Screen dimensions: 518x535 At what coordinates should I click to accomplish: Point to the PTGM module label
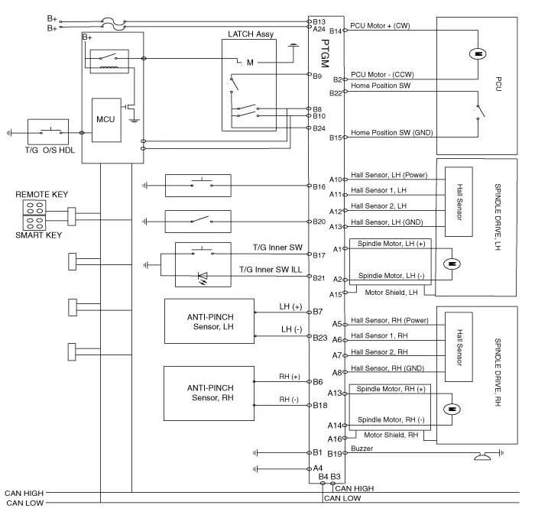pyautogui.click(x=325, y=53)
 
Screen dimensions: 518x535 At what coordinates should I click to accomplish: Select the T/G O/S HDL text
pyautogui.click(x=48, y=148)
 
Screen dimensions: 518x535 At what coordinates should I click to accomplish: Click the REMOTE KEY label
pyautogui.click(x=38, y=196)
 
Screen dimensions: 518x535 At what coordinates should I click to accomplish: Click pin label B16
pyautogui.click(x=319, y=186)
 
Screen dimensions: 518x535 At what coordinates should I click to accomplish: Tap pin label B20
pyautogui.click(x=319, y=222)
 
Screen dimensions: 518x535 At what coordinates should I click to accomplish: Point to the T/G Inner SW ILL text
pyautogui.click(x=271, y=270)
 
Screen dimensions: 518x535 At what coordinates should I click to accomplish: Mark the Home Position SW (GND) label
pyautogui.click(x=391, y=134)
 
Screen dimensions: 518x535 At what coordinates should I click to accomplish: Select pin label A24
pyautogui.click(x=319, y=29)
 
